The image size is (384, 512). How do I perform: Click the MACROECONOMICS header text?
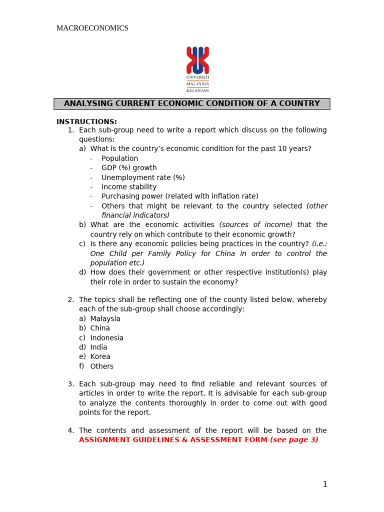[x=92, y=28]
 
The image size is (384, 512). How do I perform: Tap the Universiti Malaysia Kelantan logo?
[x=197, y=69]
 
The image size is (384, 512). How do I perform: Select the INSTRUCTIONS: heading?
[x=86, y=121]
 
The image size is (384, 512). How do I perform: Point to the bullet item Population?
[x=119, y=158]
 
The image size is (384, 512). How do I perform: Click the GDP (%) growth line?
[x=129, y=168]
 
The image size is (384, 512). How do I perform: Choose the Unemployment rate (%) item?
[x=143, y=177]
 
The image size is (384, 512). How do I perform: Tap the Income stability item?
[x=129, y=187]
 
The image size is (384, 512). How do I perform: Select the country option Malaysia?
[x=105, y=319]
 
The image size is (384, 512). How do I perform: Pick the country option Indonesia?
[x=106, y=338]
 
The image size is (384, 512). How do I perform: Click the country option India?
[x=98, y=347]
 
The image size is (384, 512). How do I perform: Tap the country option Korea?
[x=100, y=357]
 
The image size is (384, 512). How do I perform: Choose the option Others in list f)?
[x=101, y=366]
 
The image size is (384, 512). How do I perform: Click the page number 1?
[x=324, y=484]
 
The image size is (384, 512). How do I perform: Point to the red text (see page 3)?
[x=294, y=440]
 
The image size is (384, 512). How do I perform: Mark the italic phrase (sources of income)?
[x=256, y=225]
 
